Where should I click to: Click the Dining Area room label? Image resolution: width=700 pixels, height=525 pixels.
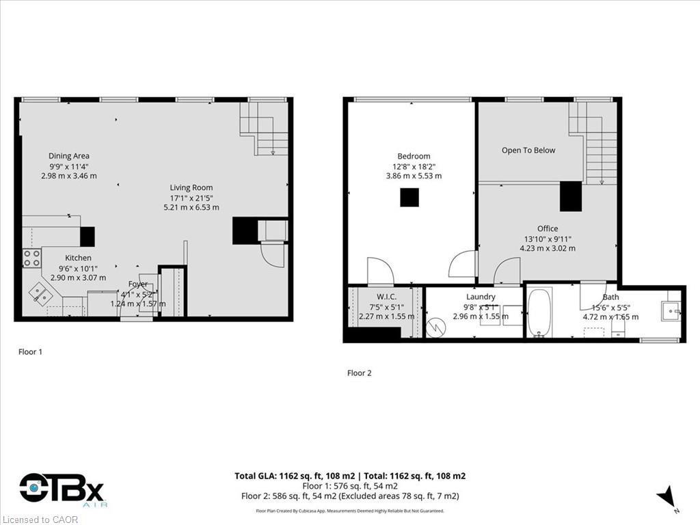tap(68, 156)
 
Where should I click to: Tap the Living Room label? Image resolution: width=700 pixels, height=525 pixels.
tap(191, 187)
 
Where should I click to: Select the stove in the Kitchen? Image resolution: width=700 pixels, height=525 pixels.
tap(31, 258)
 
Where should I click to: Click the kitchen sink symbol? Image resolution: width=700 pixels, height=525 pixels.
tap(39, 295)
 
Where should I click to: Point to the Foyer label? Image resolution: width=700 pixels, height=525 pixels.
tap(138, 284)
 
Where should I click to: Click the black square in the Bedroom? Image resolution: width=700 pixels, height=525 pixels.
tap(409, 197)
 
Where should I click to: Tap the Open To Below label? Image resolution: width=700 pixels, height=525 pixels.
tap(528, 150)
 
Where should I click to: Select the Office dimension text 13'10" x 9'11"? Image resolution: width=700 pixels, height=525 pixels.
tap(547, 239)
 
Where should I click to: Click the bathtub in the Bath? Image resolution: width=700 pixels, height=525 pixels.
tap(540, 313)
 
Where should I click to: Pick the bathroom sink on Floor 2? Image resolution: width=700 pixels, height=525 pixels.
tap(670, 312)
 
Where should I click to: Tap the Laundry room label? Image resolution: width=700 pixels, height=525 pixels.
tap(481, 297)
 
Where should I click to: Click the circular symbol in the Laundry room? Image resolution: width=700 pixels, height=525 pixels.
tap(435, 327)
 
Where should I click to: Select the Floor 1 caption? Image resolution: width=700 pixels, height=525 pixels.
tap(30, 352)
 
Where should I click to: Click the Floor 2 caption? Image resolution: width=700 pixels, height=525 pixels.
tap(360, 373)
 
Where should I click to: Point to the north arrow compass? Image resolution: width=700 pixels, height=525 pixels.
tap(668, 498)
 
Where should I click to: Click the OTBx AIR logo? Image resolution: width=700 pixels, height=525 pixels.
tap(62, 489)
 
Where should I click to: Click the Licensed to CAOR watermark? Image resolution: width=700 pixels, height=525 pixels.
tap(40, 520)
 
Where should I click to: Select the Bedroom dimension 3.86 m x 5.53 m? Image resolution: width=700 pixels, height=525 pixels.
tap(414, 176)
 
